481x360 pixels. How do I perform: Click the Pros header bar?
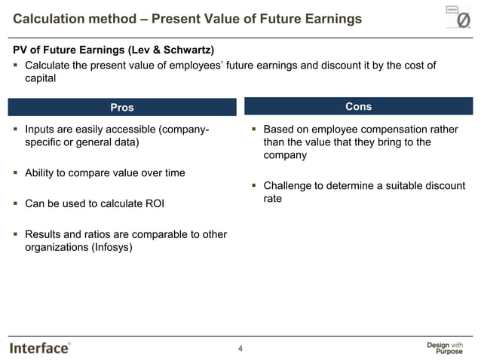(x=122, y=108)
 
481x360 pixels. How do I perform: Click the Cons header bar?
(x=358, y=106)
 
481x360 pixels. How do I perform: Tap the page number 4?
(x=240, y=348)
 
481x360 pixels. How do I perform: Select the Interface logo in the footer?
(x=40, y=347)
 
